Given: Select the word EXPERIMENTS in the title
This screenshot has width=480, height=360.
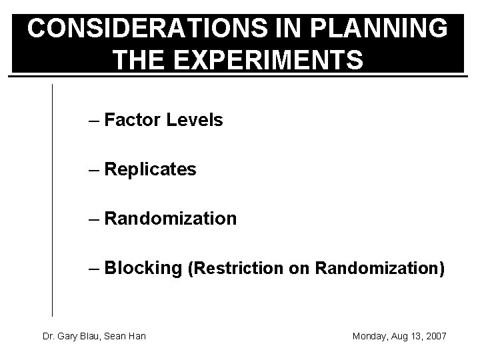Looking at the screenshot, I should point(268,59).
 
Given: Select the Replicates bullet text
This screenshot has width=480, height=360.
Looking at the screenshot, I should point(150,170).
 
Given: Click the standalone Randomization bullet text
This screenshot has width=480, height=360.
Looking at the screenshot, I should point(170,219).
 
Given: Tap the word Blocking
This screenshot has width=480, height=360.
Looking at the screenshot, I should point(143,268).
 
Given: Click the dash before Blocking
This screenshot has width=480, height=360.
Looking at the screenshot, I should point(94,269).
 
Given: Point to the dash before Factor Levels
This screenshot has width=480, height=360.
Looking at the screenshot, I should point(94,121).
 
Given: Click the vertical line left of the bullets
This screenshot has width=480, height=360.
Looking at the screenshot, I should point(52,200).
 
